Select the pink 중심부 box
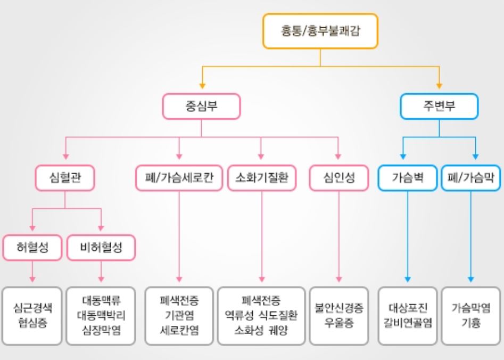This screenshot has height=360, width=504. pyautogui.click(x=201, y=107)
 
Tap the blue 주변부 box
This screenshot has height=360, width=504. pyautogui.click(x=439, y=107)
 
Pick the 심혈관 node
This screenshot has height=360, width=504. pyautogui.click(x=65, y=178)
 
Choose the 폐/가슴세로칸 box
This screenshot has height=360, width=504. pyautogui.click(x=179, y=178)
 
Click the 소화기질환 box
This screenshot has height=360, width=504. pyautogui.click(x=261, y=178)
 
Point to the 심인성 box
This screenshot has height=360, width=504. pyautogui.click(x=338, y=178)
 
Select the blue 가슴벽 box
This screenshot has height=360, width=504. pyautogui.click(x=408, y=178)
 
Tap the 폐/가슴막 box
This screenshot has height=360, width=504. pyautogui.click(x=470, y=178)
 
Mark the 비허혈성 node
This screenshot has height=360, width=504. pyautogui.click(x=101, y=247)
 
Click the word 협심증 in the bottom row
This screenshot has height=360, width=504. pyautogui.click(x=32, y=324)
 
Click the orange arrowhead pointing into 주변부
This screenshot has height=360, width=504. pyautogui.click(x=439, y=85)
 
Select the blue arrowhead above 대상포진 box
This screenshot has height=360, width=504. pyautogui.click(x=408, y=278)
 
